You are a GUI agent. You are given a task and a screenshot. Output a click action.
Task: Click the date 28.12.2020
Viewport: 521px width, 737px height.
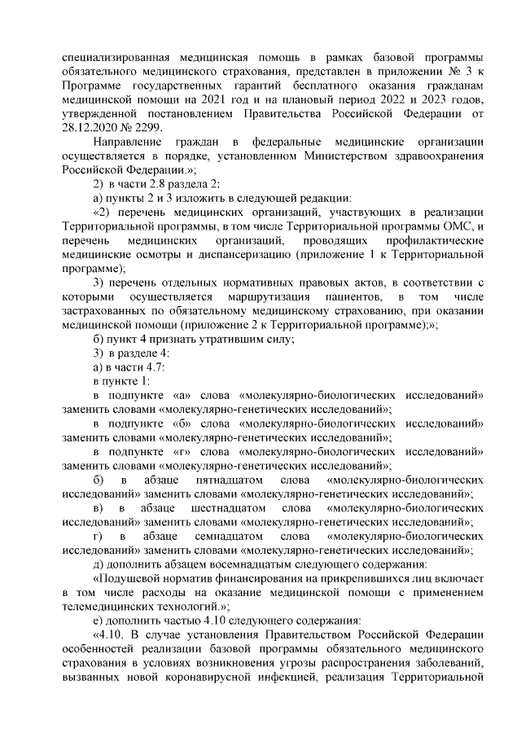pos(92,128)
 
